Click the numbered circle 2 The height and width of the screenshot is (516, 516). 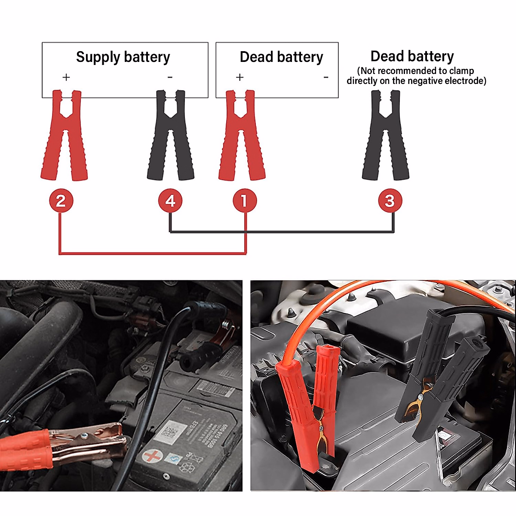tap(61, 200)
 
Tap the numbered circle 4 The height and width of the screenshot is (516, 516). tap(170, 200)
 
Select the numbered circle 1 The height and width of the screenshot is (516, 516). tap(245, 200)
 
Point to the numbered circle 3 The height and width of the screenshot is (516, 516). tap(390, 200)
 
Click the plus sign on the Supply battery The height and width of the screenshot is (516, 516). tap(66, 77)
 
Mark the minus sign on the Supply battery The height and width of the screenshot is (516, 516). tap(170, 77)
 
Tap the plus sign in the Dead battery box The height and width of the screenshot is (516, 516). tap(240, 77)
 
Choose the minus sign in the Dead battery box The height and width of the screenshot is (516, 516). tap(326, 77)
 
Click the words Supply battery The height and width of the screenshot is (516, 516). tap(123, 57)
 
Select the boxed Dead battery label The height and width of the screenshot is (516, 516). tap(281, 57)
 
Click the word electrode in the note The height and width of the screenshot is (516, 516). tap(464, 81)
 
